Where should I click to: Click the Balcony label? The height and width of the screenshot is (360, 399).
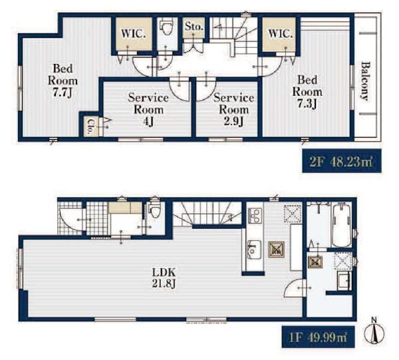point(365,81)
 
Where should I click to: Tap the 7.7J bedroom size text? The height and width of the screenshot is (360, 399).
point(63,93)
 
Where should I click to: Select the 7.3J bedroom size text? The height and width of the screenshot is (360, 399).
point(307,103)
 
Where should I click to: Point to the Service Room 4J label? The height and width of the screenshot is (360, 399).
point(148,110)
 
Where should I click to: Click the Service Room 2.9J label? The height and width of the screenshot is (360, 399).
point(234,110)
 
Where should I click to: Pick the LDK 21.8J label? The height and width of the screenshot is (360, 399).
point(164,277)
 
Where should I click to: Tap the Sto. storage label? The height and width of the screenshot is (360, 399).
point(194,26)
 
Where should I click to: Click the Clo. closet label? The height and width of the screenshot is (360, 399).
point(90,126)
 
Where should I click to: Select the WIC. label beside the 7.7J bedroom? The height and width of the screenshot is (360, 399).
point(134,34)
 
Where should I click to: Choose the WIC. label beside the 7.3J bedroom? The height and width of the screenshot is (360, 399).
point(280,34)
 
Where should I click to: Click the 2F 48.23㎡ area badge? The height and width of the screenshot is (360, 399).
point(342,161)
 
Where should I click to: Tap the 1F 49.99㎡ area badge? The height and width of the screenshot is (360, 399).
point(318,337)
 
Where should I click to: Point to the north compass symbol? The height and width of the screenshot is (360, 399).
point(374,331)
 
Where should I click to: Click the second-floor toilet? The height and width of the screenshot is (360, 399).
point(166,26)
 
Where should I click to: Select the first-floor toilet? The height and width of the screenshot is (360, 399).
point(154,209)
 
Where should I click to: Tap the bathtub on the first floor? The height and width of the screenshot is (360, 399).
point(341,224)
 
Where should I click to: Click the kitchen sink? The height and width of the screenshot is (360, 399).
point(254,250)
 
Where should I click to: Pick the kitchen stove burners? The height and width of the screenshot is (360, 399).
point(255,215)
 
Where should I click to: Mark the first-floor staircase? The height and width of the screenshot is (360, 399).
point(207,214)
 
